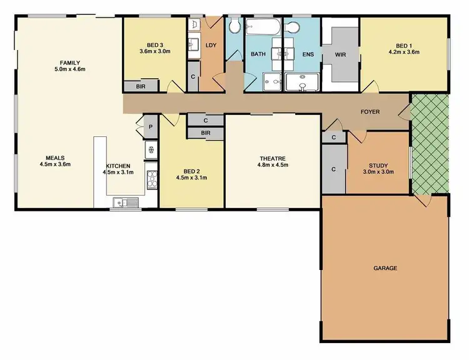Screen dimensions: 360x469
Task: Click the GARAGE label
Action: [385, 268]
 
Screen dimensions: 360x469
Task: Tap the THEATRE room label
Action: [273, 158]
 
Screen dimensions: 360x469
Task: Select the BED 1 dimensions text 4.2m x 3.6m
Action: [403, 52]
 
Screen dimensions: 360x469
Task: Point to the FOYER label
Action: [370, 112]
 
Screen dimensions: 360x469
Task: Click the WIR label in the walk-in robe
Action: [340, 55]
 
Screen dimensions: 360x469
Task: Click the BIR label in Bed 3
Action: [141, 87]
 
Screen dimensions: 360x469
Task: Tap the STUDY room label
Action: [378, 165]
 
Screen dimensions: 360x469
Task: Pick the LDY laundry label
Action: [210, 45]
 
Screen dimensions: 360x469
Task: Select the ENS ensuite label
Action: [308, 55]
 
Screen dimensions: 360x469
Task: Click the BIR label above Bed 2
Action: [205, 133]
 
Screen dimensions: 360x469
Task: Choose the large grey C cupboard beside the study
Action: [333, 169]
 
